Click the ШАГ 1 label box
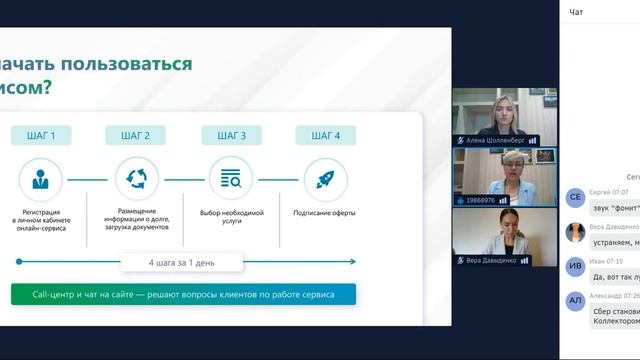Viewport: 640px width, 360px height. click(40, 135)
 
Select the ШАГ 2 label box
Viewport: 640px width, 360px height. click(134, 135)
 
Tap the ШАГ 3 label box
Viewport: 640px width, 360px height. click(231, 135)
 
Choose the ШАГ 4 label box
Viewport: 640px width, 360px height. click(325, 135)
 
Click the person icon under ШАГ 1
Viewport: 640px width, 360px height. click(40, 180)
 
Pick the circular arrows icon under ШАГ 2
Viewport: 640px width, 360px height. click(136, 180)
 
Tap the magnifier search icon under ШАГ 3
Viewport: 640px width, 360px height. click(231, 180)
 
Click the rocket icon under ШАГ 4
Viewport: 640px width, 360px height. click(325, 180)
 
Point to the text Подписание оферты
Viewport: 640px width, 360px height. click(325, 213)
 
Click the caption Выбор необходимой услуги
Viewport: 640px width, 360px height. click(231, 217)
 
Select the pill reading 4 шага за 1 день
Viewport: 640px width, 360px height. click(182, 263)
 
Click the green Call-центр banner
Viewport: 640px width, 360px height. click(183, 294)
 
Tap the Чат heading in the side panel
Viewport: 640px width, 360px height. click(576, 12)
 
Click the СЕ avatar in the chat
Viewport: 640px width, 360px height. click(575, 198)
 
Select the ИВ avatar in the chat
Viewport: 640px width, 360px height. click(575, 266)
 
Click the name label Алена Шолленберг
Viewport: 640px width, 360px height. click(495, 141)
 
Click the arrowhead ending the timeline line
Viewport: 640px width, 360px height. click(352, 262)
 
